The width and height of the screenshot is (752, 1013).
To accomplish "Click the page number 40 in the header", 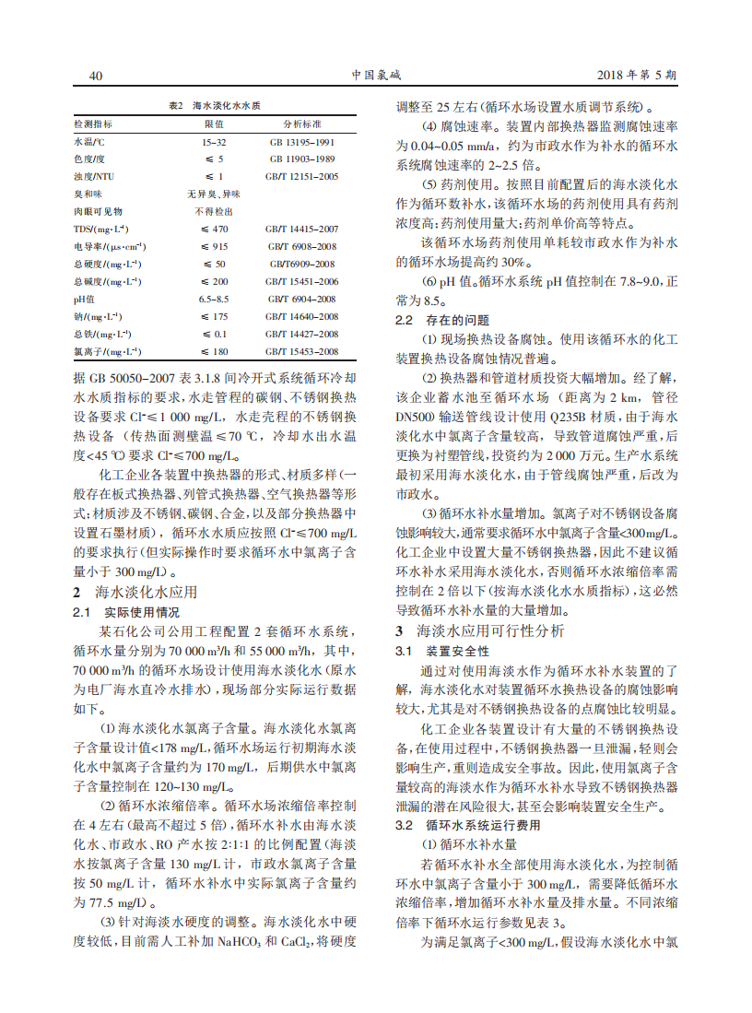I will pyautogui.click(x=94, y=75).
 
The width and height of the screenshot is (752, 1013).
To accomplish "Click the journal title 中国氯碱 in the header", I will pyautogui.click(x=375, y=75).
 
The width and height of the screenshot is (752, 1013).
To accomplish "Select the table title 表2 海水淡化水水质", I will pyautogui.click(x=214, y=107).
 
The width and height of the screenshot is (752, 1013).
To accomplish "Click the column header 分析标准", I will pyautogui.click(x=301, y=124).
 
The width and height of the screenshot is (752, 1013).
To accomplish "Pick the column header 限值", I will pyautogui.click(x=214, y=124).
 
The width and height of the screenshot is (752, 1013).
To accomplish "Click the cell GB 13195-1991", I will pyautogui.click(x=301, y=142).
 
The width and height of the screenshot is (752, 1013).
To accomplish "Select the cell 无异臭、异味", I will pyautogui.click(x=214, y=194).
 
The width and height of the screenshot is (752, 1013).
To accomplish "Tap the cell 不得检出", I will pyautogui.click(x=214, y=211).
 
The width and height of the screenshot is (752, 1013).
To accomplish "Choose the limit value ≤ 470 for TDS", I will pyautogui.click(x=214, y=229).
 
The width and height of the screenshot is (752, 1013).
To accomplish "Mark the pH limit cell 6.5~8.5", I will pyautogui.click(x=214, y=299).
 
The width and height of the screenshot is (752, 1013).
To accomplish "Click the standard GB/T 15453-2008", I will pyautogui.click(x=301, y=351).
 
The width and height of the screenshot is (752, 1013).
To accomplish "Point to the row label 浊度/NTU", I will pyautogui.click(x=94, y=176).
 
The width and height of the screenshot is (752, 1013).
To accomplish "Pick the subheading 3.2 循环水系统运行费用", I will pyautogui.click(x=468, y=825).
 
